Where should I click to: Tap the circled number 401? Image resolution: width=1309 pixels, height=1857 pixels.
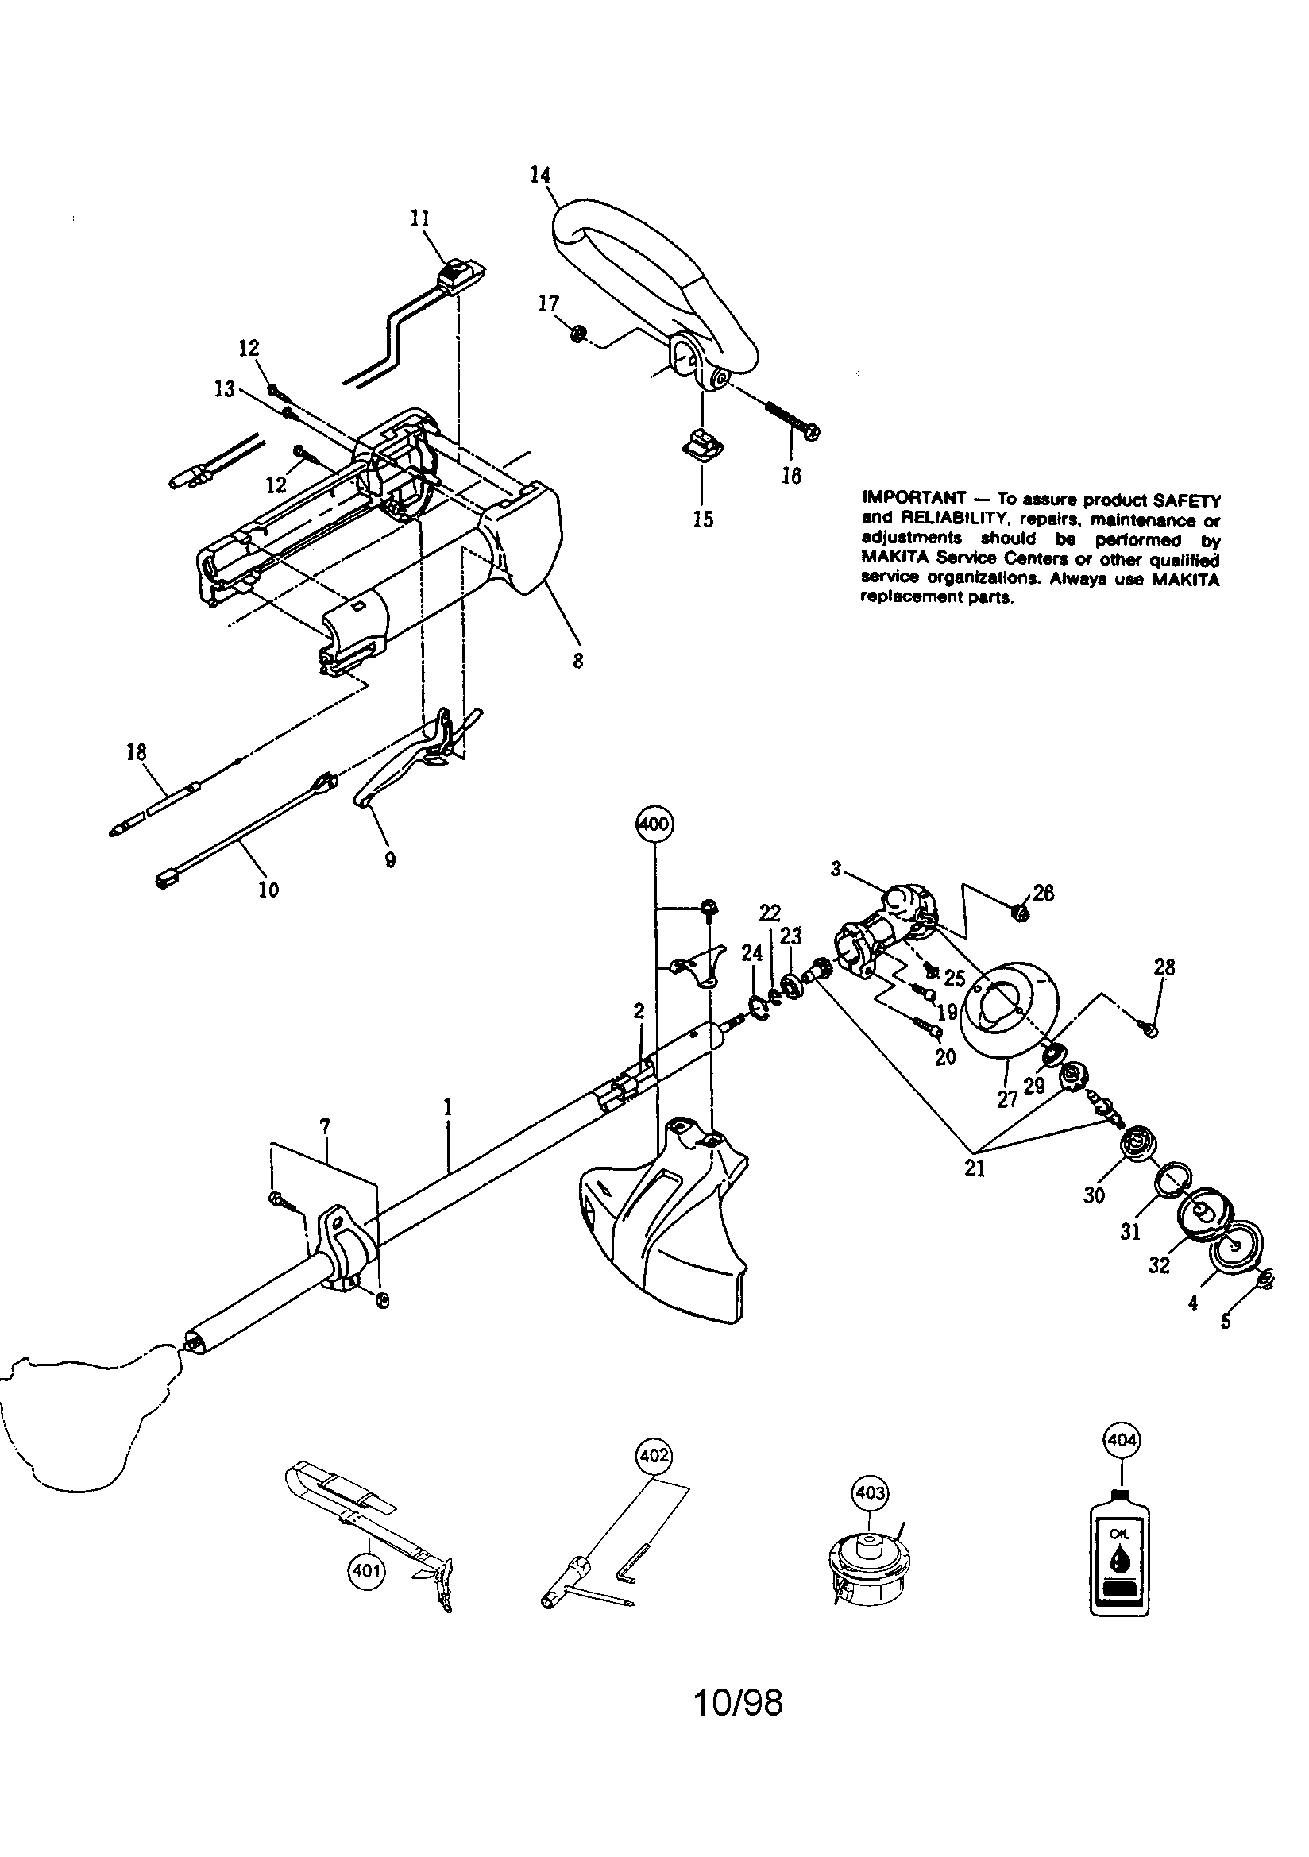coord(365,1571)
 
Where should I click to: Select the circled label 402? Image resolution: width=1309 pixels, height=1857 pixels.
coord(654,1456)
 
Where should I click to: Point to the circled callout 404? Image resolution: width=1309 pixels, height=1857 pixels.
coord(1121,1440)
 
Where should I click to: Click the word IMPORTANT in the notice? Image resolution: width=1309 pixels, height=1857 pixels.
coord(913,497)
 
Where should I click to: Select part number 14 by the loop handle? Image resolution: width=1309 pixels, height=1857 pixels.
coord(540,175)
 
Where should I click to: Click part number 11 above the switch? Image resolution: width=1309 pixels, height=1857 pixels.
coord(420,218)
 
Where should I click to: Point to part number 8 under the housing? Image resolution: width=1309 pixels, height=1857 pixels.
coord(577,661)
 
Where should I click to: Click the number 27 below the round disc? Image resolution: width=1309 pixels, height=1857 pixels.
coord(1007,1099)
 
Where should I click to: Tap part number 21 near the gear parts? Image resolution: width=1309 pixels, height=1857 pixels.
coord(975,1168)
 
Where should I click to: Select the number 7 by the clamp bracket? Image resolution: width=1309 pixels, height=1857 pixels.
coord(324,1125)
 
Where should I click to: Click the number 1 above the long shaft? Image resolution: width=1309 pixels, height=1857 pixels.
coord(446,1106)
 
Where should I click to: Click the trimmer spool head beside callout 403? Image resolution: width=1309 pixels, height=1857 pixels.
coord(866,1571)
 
